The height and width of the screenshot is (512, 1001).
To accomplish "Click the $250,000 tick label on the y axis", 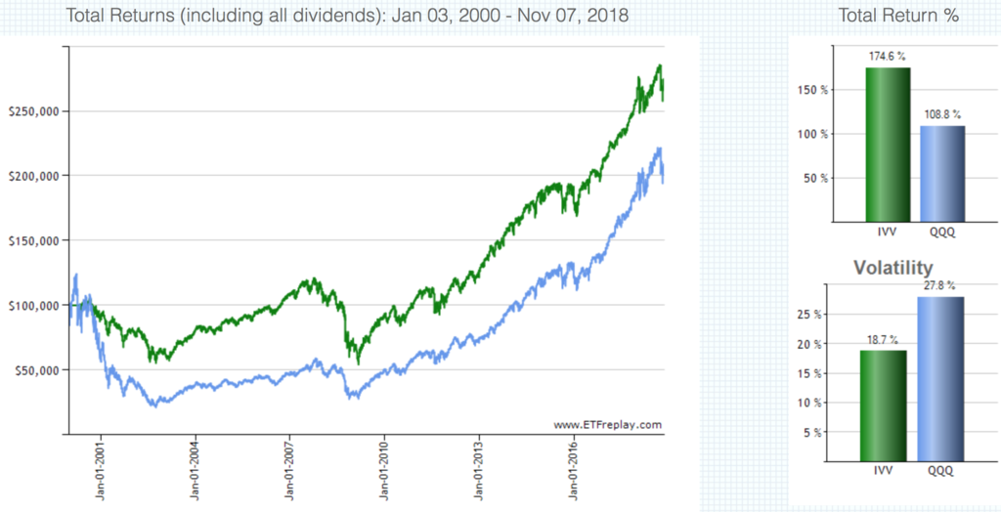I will point(33,111).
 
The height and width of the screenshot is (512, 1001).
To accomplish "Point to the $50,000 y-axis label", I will point(36,370).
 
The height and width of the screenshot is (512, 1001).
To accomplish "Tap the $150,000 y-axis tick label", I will point(33,240).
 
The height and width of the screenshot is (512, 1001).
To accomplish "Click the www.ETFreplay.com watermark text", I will point(608,425).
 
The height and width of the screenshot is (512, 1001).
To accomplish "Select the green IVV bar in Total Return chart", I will point(887,144).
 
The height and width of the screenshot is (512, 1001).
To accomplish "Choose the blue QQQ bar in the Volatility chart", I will point(938,378).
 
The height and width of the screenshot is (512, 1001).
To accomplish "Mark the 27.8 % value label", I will point(938,286).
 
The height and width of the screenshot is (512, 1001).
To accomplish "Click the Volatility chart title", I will point(892,267).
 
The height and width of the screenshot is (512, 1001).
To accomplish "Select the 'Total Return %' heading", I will point(898,17).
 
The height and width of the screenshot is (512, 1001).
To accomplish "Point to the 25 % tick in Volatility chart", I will point(814,315).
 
